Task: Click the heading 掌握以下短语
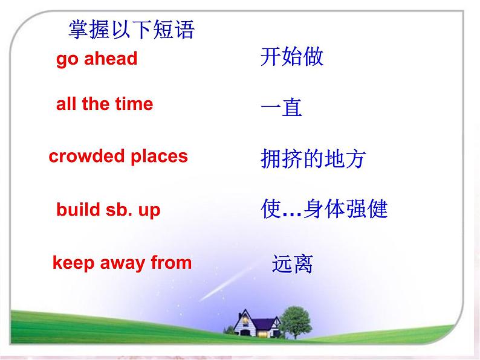point(132,30)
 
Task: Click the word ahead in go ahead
point(111,58)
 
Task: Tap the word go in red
point(67,60)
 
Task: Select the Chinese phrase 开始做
point(292,56)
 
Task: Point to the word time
point(134,104)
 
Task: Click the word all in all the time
point(66,104)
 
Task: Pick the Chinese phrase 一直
point(281,107)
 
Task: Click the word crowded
point(86,156)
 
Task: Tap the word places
point(159,157)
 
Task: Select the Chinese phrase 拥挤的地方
point(313,159)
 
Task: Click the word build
point(78,210)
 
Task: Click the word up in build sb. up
point(149,211)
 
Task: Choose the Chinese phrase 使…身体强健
point(324,208)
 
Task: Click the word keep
point(73,263)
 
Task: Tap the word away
point(123,264)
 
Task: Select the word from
point(172,262)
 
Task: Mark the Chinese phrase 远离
point(293,264)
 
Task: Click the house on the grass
point(256,324)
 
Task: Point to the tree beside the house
point(296,322)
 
